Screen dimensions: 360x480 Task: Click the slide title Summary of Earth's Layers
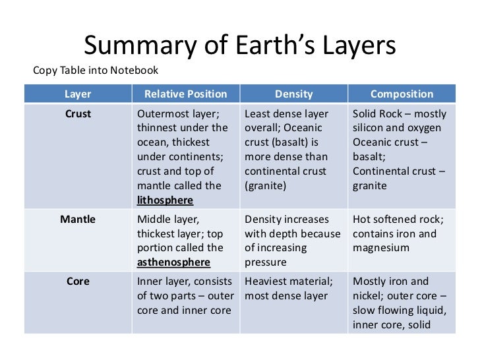(x=239, y=45)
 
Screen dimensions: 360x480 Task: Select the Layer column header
(x=78, y=94)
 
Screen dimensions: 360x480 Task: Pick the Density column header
(x=294, y=94)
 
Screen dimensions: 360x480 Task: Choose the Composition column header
(x=402, y=94)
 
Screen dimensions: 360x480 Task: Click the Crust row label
(x=78, y=113)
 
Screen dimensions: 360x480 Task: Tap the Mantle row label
(x=78, y=220)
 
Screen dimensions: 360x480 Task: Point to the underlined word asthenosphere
(x=173, y=262)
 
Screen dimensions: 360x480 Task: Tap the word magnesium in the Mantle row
(x=382, y=248)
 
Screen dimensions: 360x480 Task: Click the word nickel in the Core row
(x=370, y=296)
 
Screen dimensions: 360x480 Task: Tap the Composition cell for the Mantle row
(x=402, y=233)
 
